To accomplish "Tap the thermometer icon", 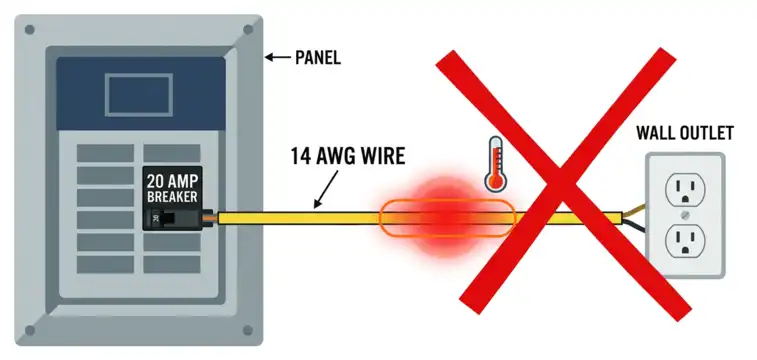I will tap(493, 164).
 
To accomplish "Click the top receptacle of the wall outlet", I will tap(685, 184).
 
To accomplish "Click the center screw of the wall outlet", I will tap(685, 212).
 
